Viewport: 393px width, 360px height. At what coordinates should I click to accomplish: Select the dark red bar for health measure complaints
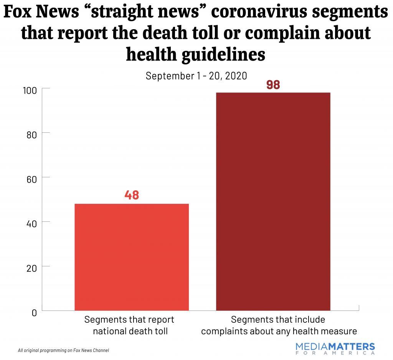[x=273, y=201]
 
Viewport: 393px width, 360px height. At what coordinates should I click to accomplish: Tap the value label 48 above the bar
[x=132, y=195]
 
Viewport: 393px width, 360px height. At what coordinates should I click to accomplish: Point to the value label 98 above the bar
[x=273, y=84]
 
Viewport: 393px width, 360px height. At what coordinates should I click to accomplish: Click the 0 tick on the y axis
[x=34, y=312]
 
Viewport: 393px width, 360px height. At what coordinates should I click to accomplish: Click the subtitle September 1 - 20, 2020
[x=196, y=76]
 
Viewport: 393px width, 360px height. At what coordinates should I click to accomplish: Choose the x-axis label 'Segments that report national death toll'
[x=129, y=325]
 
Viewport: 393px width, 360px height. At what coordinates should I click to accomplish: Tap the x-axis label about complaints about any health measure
[x=279, y=325]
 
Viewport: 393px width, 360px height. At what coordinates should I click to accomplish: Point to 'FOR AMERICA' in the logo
[x=335, y=353]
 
